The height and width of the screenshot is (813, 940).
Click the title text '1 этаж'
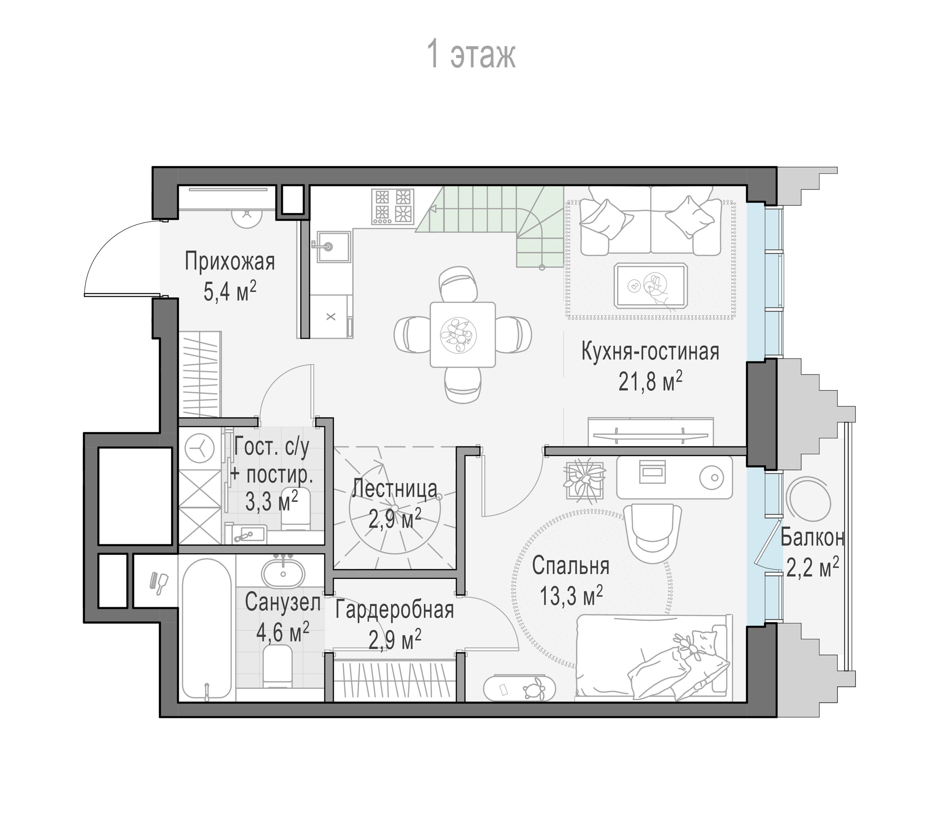click(471, 55)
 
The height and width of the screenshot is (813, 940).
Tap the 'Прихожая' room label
click(230, 262)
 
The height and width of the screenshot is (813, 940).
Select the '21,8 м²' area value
click(650, 382)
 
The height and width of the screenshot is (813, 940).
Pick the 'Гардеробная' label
click(394, 610)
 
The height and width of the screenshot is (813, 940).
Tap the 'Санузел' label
click(283, 603)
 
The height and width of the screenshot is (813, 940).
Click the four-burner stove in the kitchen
click(393, 206)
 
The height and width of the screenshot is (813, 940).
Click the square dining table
click(462, 335)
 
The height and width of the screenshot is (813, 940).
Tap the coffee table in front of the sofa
click(650, 286)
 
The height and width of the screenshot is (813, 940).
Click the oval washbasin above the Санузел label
click(283, 574)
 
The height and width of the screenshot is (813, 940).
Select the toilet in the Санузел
click(278, 666)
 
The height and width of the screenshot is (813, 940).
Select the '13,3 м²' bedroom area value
click(571, 596)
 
